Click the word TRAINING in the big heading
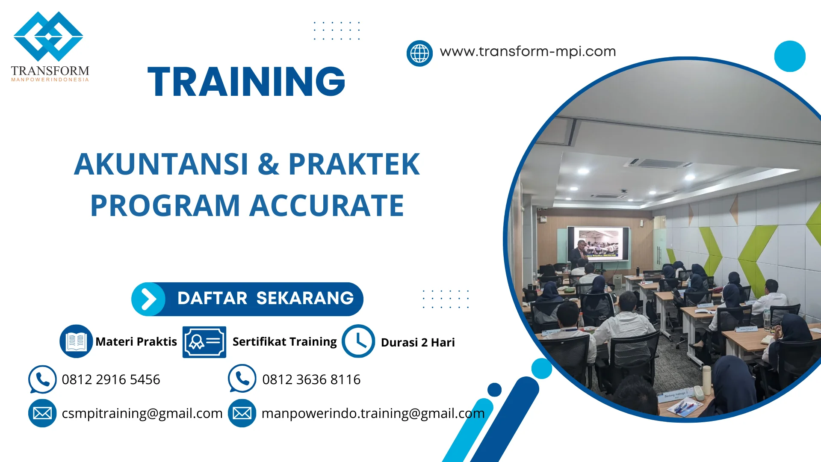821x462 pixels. coord(246,82)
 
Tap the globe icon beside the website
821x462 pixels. coord(419,53)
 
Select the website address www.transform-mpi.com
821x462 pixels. coord(528,51)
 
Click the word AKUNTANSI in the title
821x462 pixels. coord(161,164)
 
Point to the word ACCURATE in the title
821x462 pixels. coord(326,206)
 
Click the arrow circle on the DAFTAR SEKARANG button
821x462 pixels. coord(148,299)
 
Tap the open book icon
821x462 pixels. coord(76,341)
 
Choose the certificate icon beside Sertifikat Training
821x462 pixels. coord(204,342)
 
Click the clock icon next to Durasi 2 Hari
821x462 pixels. coord(358,341)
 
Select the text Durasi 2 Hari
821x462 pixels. coord(417,342)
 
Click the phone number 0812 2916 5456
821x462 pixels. coord(111,379)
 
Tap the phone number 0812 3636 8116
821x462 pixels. coord(311,379)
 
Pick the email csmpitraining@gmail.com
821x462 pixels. coord(142,413)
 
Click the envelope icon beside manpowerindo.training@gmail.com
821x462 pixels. coord(242,413)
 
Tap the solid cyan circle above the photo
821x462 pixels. coord(789,56)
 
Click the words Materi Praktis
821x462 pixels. coord(136,341)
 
